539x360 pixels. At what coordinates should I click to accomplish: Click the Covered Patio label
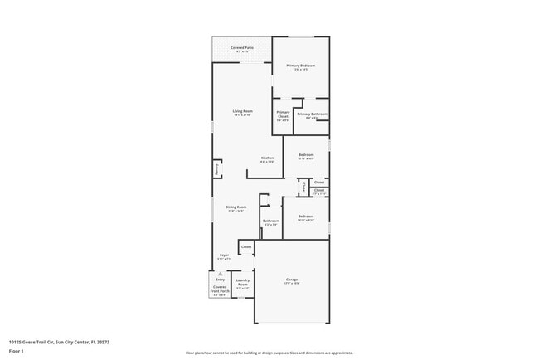[x=242, y=48]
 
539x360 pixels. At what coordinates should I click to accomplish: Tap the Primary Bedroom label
[x=301, y=65]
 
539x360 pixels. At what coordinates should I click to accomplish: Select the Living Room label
[x=242, y=110]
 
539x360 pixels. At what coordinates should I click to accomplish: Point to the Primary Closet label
[x=283, y=114]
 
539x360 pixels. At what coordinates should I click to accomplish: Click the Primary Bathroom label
[x=312, y=114]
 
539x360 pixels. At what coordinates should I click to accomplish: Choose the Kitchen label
[x=267, y=158]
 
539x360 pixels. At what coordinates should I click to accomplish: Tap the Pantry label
[x=216, y=168]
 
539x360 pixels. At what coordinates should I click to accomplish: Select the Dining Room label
[x=236, y=207]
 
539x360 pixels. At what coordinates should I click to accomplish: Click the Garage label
[x=292, y=280]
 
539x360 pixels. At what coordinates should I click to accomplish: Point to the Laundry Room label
[x=242, y=281]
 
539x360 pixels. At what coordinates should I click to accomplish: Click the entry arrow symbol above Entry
[x=220, y=273]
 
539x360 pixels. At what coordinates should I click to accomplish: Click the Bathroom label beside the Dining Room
[x=271, y=221]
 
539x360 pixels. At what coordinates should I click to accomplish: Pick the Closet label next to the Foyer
[x=246, y=247]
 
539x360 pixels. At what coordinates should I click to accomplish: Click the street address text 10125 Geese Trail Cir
[x=59, y=341]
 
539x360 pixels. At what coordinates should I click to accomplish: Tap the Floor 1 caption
[x=17, y=351]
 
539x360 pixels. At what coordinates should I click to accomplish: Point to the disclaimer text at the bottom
[x=269, y=352]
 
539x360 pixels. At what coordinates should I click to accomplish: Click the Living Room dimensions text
[x=242, y=115]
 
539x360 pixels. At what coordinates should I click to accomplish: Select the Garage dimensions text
[x=292, y=285]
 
